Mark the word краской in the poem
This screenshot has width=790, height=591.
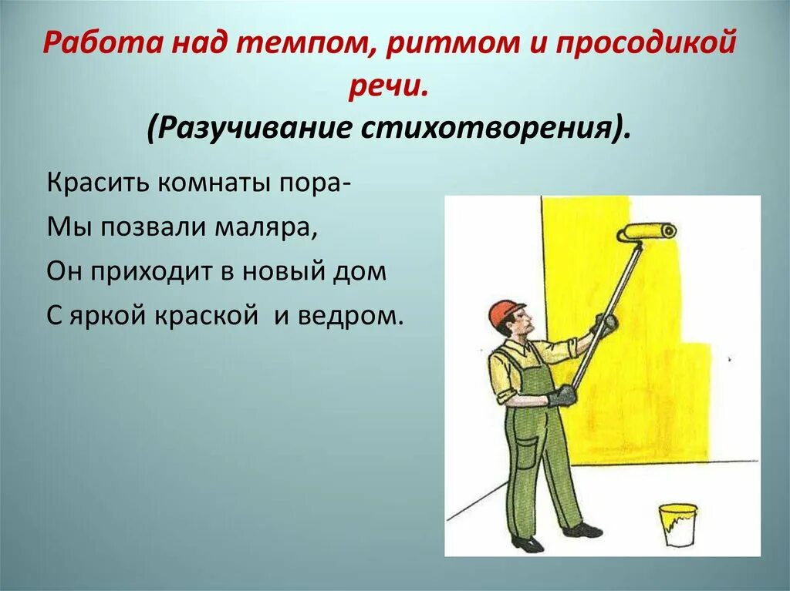[204, 316]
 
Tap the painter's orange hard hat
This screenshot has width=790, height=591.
[505, 311]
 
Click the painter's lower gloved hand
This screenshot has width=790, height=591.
[562, 396]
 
